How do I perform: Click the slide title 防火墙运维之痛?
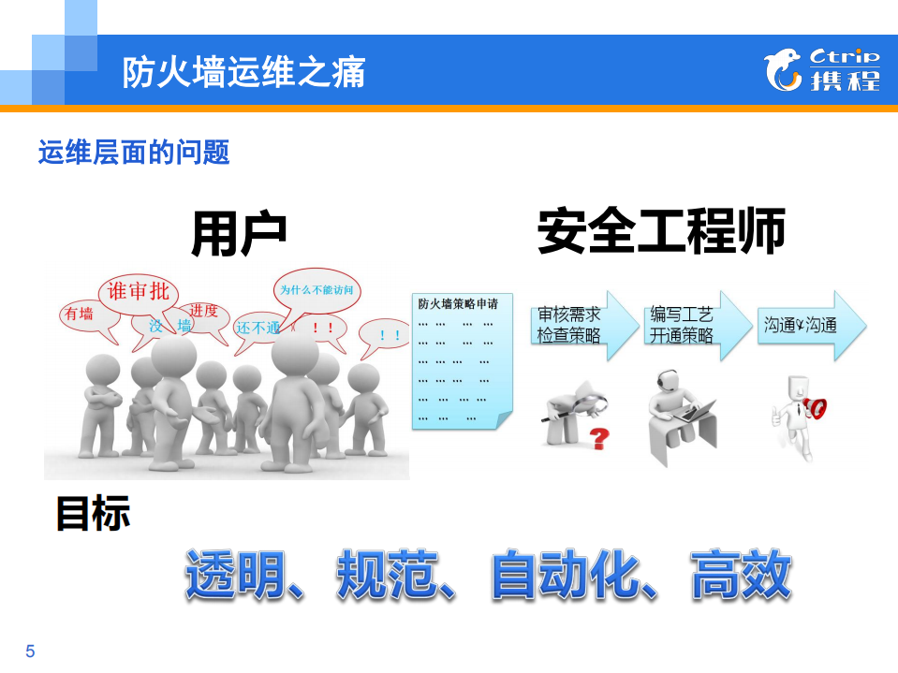coord(243,73)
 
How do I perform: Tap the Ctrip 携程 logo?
coord(821,71)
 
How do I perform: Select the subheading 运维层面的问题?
coord(134,152)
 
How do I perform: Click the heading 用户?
coord(239,233)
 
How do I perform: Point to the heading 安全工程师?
coord(661,232)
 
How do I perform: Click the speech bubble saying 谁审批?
coord(139,292)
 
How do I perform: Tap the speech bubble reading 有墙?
coord(80,315)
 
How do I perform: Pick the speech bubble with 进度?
coord(204,312)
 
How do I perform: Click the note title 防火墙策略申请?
coord(458,304)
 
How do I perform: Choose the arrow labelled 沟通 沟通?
coord(803,326)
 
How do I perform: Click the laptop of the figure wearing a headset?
coord(696,411)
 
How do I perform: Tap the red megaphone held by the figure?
coord(815,407)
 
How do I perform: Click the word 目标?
coord(92,513)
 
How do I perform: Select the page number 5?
coord(30,651)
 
